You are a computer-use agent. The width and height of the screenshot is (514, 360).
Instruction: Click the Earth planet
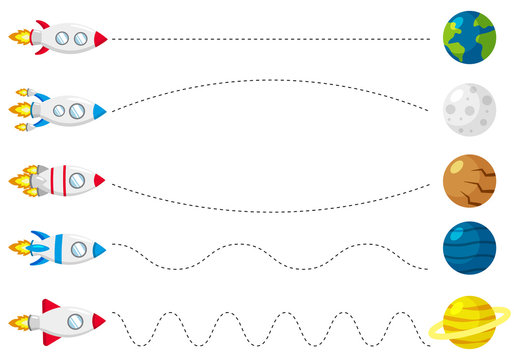pos(469,38)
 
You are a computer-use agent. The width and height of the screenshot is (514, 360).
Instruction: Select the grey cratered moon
pos(469,109)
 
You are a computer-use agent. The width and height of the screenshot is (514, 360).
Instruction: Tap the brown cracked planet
pos(469,180)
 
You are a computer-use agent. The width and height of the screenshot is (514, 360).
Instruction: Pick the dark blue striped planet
pos(469,247)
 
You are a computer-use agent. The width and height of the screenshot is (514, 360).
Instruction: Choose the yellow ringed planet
pos(468,321)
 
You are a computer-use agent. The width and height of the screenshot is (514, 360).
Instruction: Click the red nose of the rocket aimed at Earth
pos(100,39)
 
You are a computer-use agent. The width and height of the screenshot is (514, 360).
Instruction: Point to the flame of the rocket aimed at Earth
pos(18,38)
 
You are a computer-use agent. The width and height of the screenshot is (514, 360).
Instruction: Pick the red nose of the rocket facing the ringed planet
pos(99,321)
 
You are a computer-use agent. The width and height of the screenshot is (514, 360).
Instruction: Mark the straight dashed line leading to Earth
pos(270,39)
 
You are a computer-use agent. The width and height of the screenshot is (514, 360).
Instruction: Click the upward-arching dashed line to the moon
pos(270,80)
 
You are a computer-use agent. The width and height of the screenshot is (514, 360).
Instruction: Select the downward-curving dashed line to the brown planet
pos(270,211)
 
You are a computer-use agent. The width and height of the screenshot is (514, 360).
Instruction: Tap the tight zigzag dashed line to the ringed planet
pos(270,322)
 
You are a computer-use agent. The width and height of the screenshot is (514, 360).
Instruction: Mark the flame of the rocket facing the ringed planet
pos(18,322)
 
